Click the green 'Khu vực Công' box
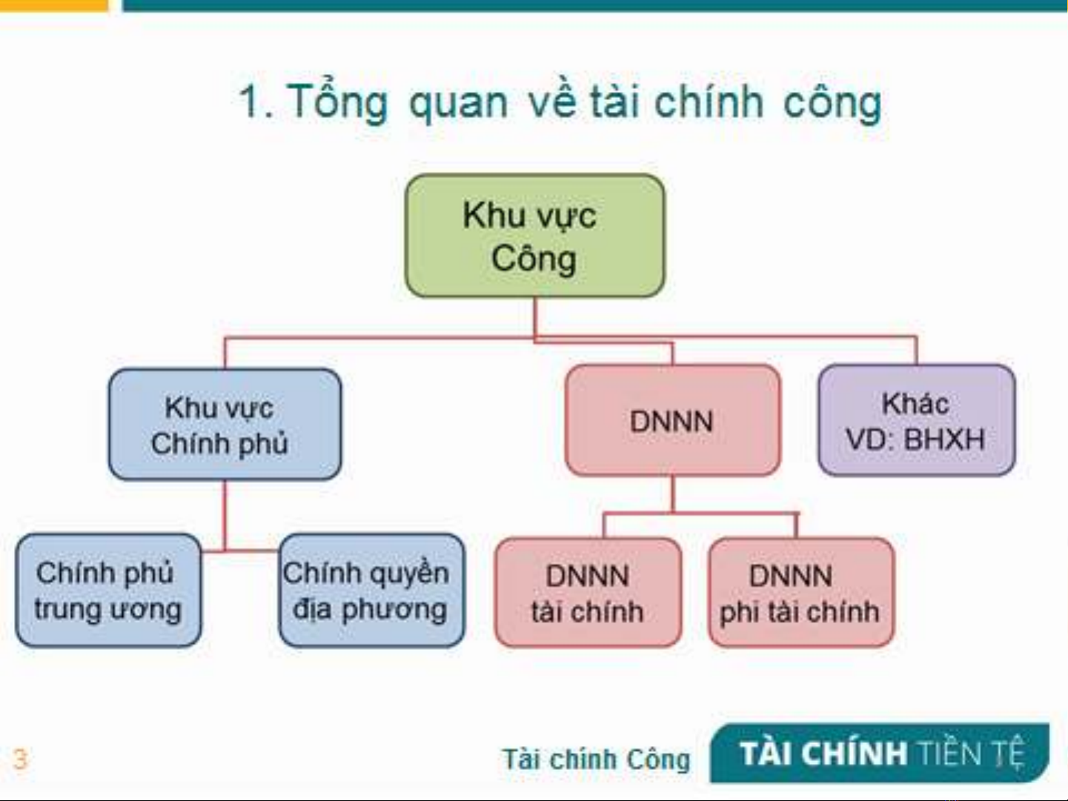(534, 236)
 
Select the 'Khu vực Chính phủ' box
(225, 425)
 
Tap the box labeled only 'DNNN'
(673, 420)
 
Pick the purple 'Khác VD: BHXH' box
(917, 420)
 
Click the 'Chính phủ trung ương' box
(108, 591)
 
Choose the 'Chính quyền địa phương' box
(372, 591)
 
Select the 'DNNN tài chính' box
(588, 593)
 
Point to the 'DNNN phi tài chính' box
(801, 593)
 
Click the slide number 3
(20, 760)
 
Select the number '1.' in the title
(256, 102)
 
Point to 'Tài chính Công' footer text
(597, 760)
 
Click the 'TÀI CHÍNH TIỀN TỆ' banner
(880, 754)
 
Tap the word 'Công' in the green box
(534, 260)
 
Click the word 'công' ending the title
(832, 104)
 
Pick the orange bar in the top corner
(53, 5)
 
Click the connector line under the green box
(536, 316)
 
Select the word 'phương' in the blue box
(394, 611)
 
